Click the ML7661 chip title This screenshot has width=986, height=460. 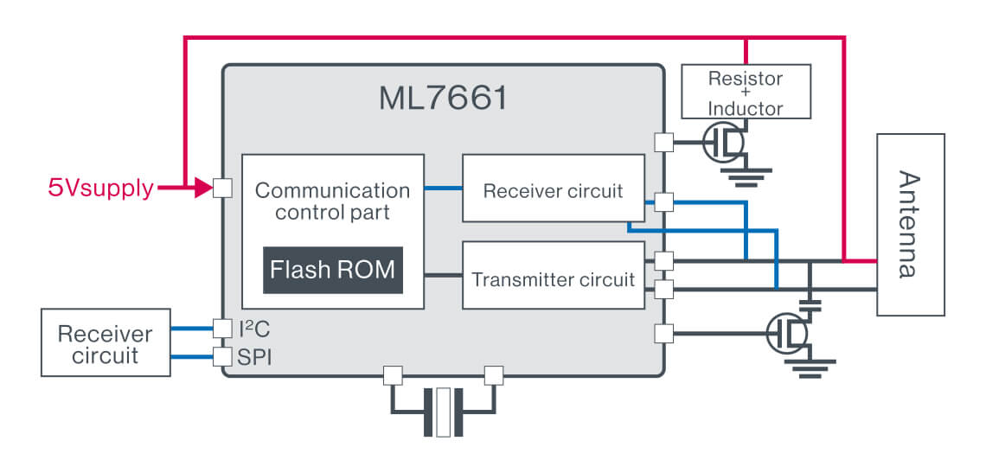[x=443, y=98]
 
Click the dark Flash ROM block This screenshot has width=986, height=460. [x=332, y=270]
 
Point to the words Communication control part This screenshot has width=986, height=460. [x=332, y=201]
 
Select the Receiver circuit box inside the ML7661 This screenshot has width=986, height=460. [x=554, y=188]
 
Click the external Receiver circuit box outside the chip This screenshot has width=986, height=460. [x=105, y=344]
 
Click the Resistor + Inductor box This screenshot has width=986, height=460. [x=746, y=92]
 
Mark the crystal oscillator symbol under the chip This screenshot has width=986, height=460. [x=444, y=412]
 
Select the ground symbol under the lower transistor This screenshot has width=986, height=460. [x=810, y=370]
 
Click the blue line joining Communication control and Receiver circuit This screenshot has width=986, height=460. [x=443, y=188]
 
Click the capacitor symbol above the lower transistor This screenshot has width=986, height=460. [x=810, y=303]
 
